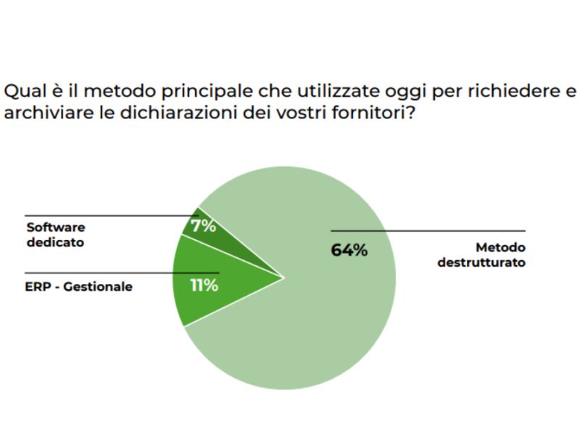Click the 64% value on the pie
[349, 250]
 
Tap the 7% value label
[204, 226]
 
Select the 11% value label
[204, 285]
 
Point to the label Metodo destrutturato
[481, 254]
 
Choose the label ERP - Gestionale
[78, 286]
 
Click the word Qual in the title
[21, 92]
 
